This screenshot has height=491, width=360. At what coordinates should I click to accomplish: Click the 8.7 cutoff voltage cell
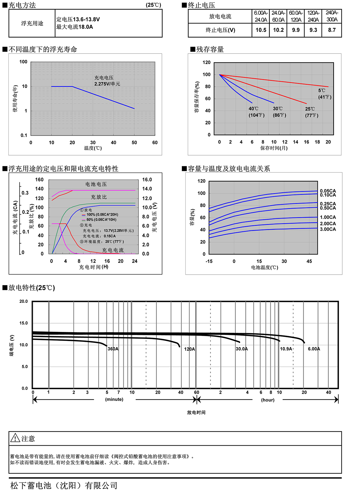coord(331,30)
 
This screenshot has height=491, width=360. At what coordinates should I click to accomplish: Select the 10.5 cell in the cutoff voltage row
coord(261,30)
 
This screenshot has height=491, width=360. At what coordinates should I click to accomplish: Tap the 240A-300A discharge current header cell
coord(331,16)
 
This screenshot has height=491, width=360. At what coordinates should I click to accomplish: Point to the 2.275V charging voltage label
coord(107,84)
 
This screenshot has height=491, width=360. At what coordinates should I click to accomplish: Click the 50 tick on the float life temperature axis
coord(134,143)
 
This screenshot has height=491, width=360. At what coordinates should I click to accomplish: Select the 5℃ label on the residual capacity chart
coord(322,91)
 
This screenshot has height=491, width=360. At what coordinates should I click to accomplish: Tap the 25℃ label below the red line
coord(310,109)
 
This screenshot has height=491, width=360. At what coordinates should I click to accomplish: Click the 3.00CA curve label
coord(328,229)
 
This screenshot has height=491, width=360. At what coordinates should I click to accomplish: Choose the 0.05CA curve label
coord(328,191)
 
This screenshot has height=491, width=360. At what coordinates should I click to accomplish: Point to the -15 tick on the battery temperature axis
coord(209,261)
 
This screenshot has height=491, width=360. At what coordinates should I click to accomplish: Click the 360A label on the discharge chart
coord(113,349)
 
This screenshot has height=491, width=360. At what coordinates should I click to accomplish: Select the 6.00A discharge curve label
coord(314,349)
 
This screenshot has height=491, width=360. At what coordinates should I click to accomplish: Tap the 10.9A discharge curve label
coord(286,349)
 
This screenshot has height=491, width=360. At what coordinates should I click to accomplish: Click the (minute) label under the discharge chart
coord(114,399)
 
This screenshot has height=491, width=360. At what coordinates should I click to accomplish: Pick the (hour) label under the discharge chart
coord(268,400)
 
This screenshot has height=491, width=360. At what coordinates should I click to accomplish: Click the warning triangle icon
coord(15,438)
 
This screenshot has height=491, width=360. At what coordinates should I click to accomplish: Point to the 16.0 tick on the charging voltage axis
coord(147,180)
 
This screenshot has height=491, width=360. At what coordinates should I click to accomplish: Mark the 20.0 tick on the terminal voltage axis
coord(23,301)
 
